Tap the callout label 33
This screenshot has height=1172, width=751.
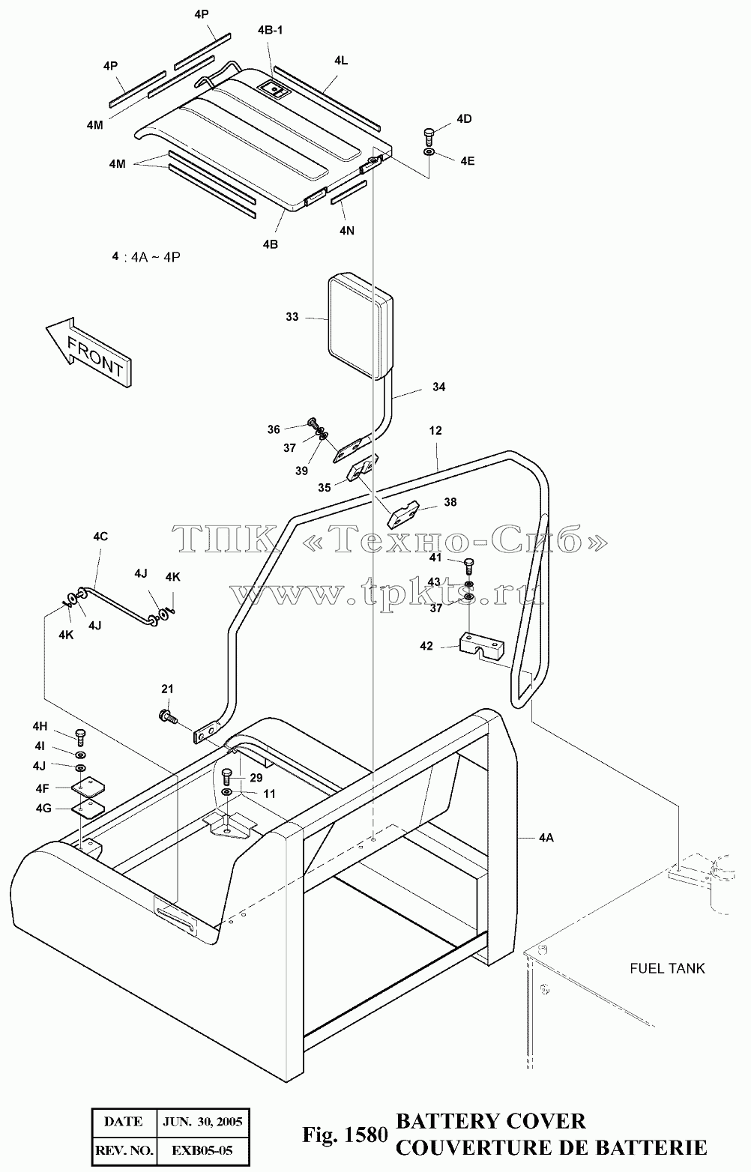pyautogui.click(x=292, y=316)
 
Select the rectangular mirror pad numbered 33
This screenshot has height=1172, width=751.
pyautogui.click(x=360, y=326)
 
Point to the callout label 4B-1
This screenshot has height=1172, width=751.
pyautogui.click(x=270, y=30)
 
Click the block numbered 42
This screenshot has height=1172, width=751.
pyautogui.click(x=481, y=647)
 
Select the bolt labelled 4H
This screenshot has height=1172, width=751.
pyautogui.click(x=80, y=737)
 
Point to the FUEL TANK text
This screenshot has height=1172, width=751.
pyautogui.click(x=667, y=968)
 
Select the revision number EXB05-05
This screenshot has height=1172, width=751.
pyautogui.click(x=202, y=1150)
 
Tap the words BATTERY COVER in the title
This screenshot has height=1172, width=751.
pyautogui.click(x=491, y=1121)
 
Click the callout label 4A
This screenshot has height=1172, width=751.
pyautogui.click(x=546, y=838)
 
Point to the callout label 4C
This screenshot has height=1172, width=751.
pyautogui.click(x=100, y=537)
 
